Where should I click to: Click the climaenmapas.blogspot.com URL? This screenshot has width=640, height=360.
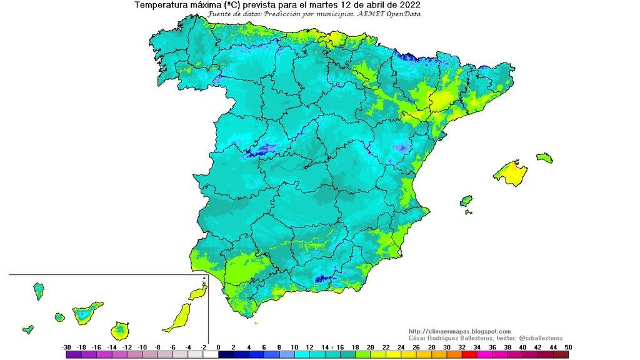click(x=459, y=331)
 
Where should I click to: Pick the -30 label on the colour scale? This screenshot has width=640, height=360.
click(x=66, y=347)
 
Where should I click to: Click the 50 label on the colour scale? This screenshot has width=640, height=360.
click(x=567, y=347)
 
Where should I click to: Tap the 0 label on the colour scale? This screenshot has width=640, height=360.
click(x=218, y=347)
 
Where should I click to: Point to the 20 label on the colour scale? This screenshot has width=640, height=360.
click(x=370, y=347)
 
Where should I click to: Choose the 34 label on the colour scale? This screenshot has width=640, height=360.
click(x=477, y=347)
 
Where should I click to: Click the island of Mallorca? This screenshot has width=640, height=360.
click(x=510, y=173)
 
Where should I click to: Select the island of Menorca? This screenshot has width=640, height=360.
click(x=544, y=157)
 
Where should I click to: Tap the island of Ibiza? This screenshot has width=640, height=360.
click(x=466, y=201)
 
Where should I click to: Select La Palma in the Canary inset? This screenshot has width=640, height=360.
click(x=39, y=290)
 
